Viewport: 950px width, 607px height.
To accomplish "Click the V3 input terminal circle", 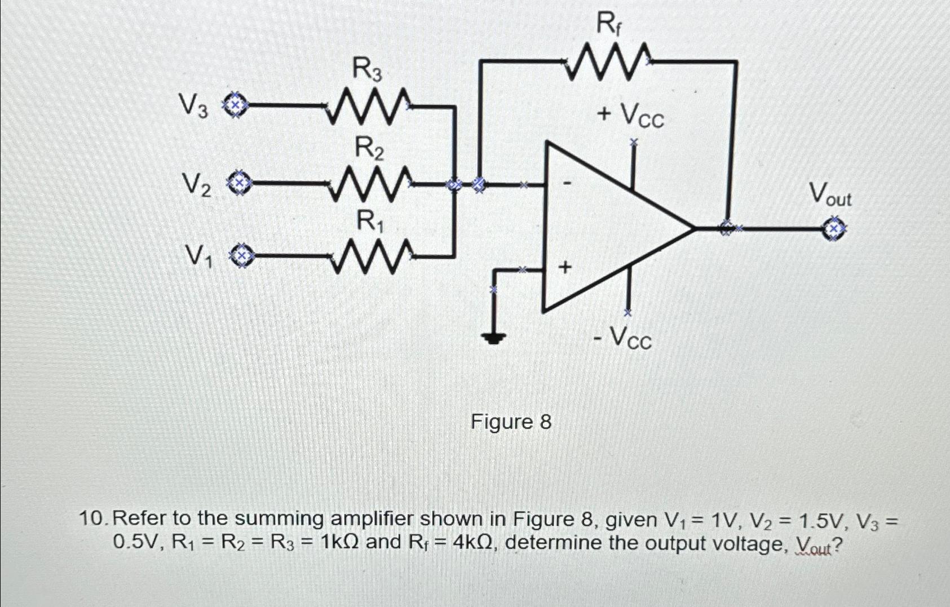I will coord(236,105).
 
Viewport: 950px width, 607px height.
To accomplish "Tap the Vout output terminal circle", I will coord(835,229).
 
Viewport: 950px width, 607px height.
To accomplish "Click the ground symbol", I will coord(494,338).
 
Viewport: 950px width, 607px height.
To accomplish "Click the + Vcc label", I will coord(631,116).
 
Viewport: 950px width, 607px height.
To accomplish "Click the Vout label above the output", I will coord(830,194).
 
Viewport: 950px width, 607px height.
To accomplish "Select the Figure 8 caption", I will coord(511,422).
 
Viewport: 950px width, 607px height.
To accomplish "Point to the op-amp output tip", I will coord(693,229).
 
